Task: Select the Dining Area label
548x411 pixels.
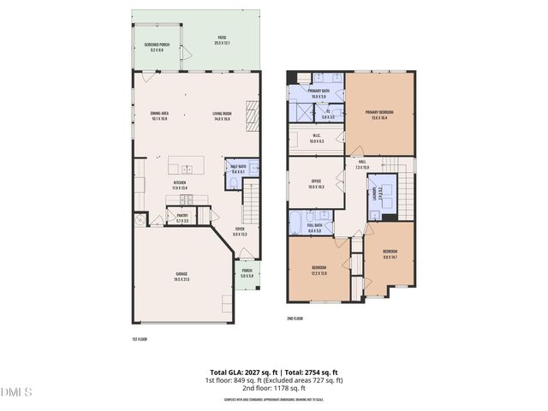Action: pyautogui.click(x=158, y=116)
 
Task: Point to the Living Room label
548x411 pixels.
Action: pyautogui.click(x=223, y=116)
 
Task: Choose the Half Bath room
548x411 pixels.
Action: pyautogui.click(x=236, y=176)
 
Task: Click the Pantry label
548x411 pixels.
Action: pyautogui.click(x=182, y=218)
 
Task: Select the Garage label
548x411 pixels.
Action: pyautogui.click(x=182, y=277)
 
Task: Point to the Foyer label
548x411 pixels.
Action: pyautogui.click(x=241, y=230)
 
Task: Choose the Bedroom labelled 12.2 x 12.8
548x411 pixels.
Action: pyautogui.click(x=318, y=271)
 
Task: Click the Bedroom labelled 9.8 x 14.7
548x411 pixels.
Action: pyautogui.click(x=390, y=253)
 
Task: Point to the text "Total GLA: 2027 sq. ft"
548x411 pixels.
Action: pyautogui.click(x=243, y=372)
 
